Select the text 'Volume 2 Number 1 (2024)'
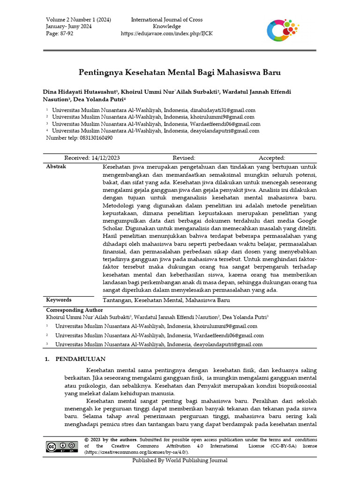pos(78,19)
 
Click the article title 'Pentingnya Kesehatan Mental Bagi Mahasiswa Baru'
pos(179,73)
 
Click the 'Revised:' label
pos(184,158)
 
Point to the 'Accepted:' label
pos(272,158)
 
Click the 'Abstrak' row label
pos(56,166)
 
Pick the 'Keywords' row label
pos(59,300)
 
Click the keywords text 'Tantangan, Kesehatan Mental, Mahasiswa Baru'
pos(166,300)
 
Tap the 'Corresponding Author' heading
pos(74,310)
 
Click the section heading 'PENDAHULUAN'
pos(77,359)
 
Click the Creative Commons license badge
pos(62,446)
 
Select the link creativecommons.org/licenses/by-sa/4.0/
pos(136,452)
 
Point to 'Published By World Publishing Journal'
pos(180,460)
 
